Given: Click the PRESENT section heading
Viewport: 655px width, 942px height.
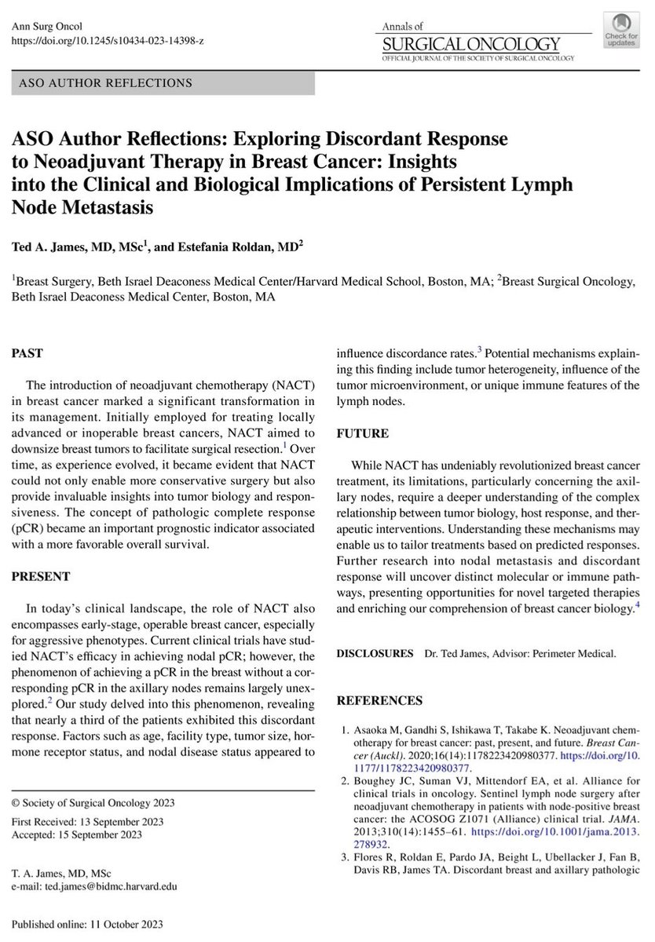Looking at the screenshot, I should (39, 553).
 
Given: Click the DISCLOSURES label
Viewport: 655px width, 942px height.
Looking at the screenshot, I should (375, 653).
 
